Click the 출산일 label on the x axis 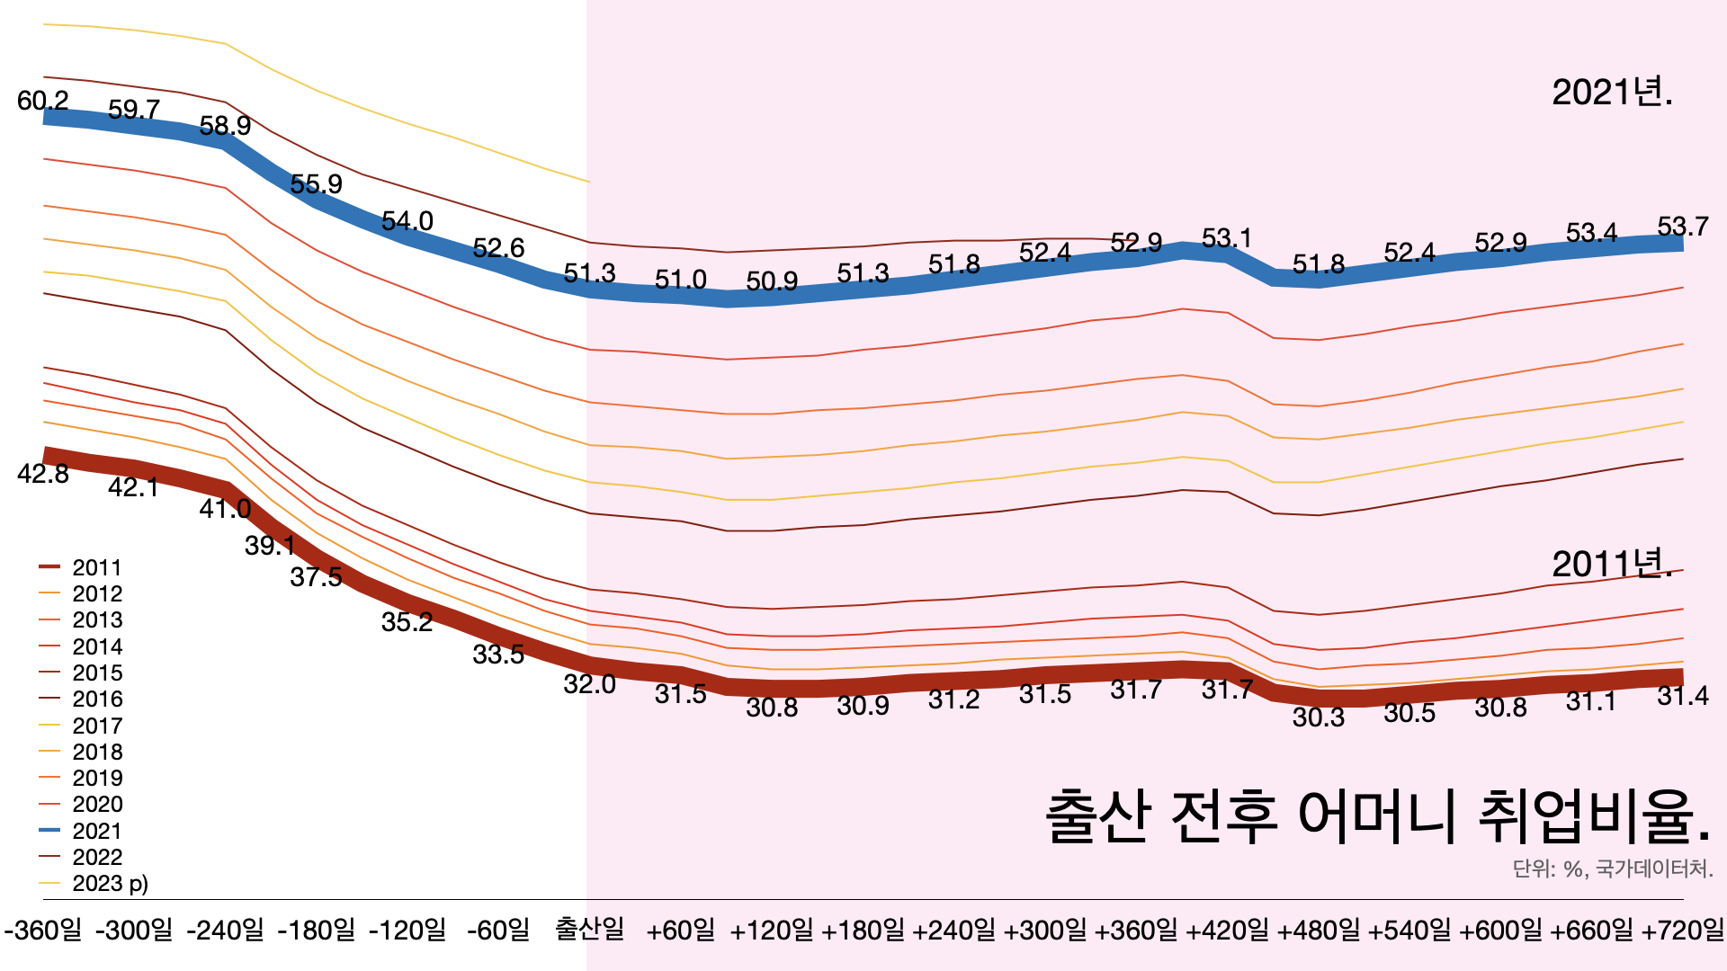[x=589, y=929]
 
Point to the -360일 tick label [x=43, y=929]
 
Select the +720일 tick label [x=1682, y=929]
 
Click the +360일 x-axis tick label [x=1136, y=929]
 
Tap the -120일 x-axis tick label [x=407, y=929]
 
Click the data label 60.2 [x=43, y=101]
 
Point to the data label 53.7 [x=1682, y=227]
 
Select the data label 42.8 [x=43, y=474]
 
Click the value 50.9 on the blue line [x=772, y=281]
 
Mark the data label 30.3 [x=1318, y=717]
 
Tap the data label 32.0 [x=589, y=684]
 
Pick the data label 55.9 [x=317, y=184]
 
